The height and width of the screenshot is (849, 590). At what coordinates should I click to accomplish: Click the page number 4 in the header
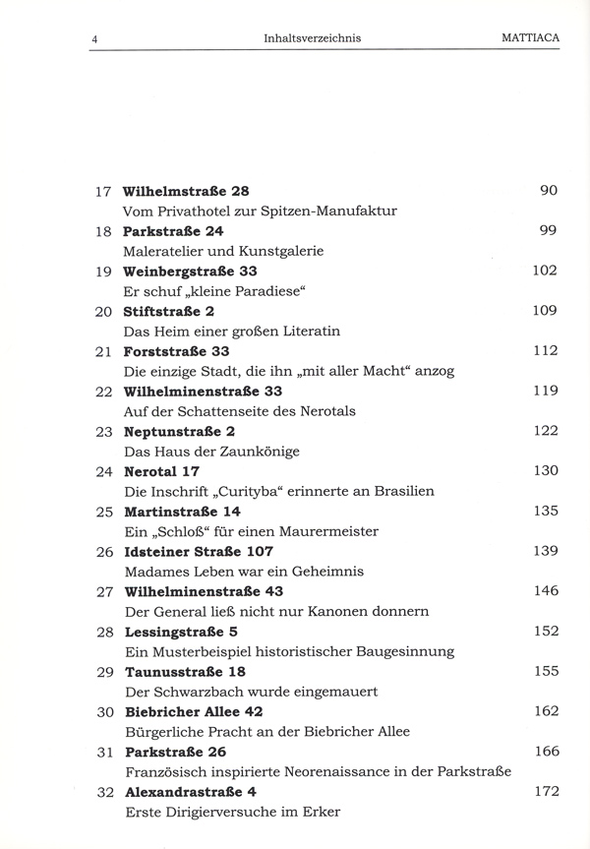click(93, 38)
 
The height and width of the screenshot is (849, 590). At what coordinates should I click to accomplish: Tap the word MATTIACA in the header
click(523, 38)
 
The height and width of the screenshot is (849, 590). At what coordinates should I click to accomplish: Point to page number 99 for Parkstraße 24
click(548, 229)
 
